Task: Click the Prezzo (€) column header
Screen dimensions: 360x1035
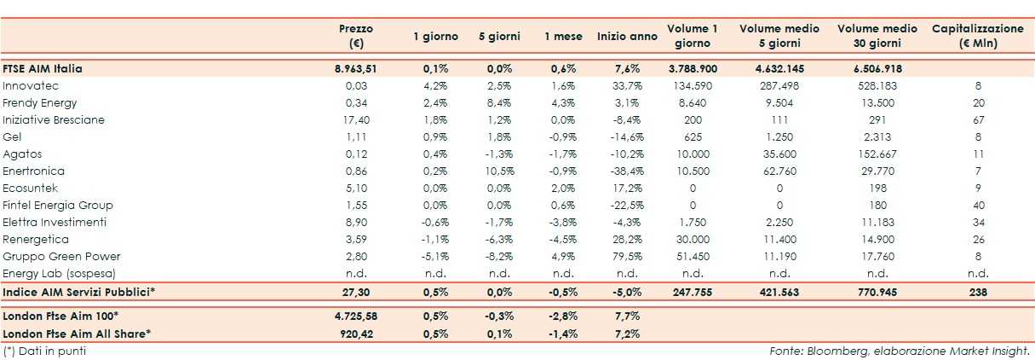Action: click(355, 36)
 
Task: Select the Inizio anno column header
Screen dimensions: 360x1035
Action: click(627, 37)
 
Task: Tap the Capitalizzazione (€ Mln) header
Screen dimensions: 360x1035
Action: click(977, 36)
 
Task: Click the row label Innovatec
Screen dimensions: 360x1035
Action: click(30, 85)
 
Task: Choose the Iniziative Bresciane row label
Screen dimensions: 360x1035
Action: click(54, 119)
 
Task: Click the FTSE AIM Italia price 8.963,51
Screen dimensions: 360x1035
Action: click(355, 68)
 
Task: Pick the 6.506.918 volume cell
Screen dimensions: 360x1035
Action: click(877, 68)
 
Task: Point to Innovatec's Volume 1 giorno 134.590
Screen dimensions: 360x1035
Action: click(692, 85)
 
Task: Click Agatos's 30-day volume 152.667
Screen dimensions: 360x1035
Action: click(877, 154)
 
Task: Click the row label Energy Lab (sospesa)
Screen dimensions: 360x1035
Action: click(59, 273)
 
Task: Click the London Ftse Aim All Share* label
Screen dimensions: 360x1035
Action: click(78, 333)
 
